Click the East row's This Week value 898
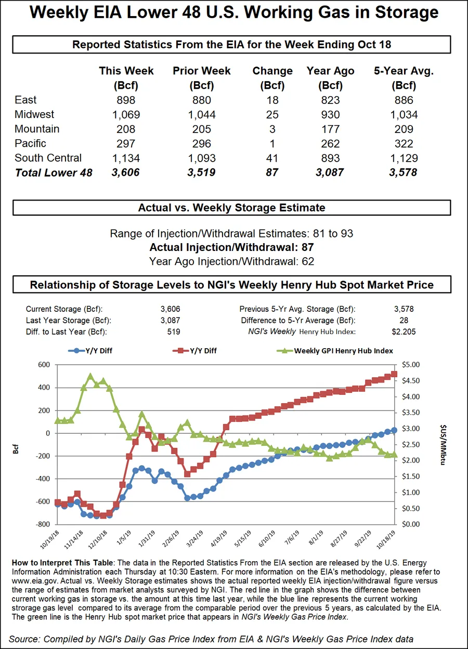point(126,100)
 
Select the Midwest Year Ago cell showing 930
point(330,115)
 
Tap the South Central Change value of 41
point(272,158)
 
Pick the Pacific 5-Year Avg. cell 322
point(404,144)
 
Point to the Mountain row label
point(37,129)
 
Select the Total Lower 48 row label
point(54,173)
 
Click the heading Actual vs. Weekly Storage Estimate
point(231,208)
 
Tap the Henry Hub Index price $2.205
point(404,332)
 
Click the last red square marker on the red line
point(394,374)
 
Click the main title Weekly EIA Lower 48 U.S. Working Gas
point(233,12)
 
